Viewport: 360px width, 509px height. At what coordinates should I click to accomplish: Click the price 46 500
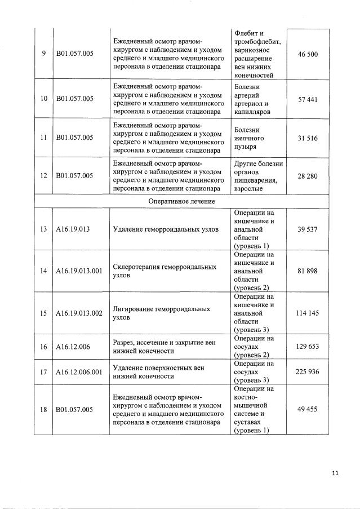point(308,54)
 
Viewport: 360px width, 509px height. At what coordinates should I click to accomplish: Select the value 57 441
point(308,99)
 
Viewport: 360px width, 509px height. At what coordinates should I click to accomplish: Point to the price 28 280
point(308,176)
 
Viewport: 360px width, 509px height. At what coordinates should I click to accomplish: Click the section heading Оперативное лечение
point(181,201)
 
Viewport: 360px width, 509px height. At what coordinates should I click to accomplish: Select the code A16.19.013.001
point(79,271)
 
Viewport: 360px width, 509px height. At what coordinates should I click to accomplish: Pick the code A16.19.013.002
point(79,313)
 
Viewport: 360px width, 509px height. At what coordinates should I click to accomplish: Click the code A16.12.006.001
point(79,372)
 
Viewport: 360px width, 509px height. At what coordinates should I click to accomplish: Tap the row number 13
point(43,229)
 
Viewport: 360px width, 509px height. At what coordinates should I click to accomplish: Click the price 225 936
point(308,372)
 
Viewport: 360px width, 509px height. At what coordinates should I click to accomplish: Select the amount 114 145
point(308,313)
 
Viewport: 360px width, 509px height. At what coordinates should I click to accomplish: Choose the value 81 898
point(308,271)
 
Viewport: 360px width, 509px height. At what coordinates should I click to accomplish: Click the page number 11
point(335,473)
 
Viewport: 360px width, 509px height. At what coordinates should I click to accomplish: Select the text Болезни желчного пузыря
point(248,138)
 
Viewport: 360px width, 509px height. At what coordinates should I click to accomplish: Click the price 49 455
point(308,410)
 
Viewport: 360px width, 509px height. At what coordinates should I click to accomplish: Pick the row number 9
point(43,54)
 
